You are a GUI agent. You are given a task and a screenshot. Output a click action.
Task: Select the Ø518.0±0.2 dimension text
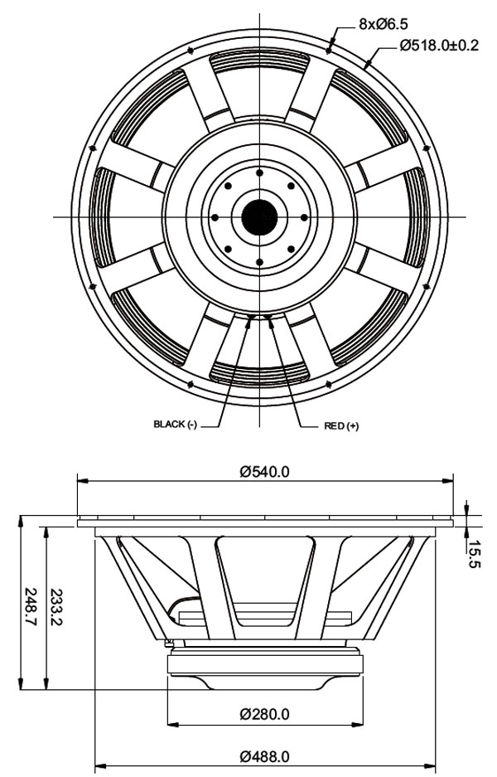pos(438,46)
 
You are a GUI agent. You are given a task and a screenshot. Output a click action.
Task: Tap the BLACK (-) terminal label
pos(175,425)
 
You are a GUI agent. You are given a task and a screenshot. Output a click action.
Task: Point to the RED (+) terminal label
pos(340,425)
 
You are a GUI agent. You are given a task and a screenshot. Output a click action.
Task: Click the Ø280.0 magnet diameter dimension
pos(265,713)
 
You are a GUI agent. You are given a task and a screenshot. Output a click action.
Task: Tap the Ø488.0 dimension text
pos(265,756)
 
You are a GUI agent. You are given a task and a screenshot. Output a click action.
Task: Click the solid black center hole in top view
pos(259,217)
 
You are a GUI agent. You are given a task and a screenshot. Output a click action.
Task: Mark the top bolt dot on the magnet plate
pos(259,172)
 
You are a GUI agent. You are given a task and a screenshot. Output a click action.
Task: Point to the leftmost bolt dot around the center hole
pos(215,217)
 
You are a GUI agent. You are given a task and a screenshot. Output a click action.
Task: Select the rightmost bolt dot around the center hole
pos(304,217)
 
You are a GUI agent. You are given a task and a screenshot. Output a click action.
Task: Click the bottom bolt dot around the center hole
pos(259,262)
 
